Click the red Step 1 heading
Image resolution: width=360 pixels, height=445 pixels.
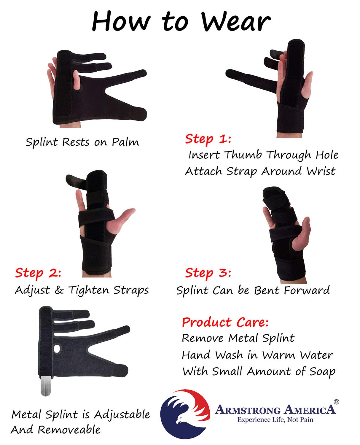[x=208, y=139]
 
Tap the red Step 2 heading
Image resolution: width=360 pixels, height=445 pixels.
[x=38, y=273]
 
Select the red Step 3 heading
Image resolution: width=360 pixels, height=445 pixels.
[x=208, y=273]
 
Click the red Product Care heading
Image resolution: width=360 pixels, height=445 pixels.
[x=225, y=322]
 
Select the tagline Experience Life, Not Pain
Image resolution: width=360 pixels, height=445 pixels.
[x=275, y=420]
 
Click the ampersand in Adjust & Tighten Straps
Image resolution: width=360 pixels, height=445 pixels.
[x=59, y=290]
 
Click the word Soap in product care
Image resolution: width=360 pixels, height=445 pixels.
[x=322, y=371]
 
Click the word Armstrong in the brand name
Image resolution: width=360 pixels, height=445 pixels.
[x=248, y=410]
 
